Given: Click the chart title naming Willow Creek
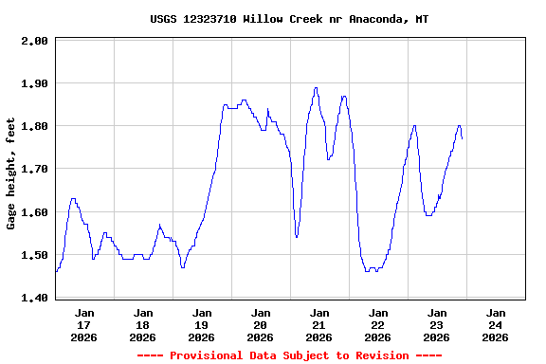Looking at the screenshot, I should pyautogui.click(x=289, y=19).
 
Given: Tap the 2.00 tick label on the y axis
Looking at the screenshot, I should pyautogui.click(x=36, y=41).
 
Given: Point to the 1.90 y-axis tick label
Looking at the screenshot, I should pyautogui.click(x=36, y=83).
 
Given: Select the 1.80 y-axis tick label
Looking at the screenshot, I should pyautogui.click(x=36, y=126).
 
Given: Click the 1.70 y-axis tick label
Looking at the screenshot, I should pyautogui.click(x=36, y=169).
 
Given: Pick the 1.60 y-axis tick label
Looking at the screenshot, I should pyautogui.click(x=36, y=212).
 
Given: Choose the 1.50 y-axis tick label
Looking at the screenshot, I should pyautogui.click(x=36, y=255).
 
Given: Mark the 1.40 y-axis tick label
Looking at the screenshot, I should pyautogui.click(x=36, y=298).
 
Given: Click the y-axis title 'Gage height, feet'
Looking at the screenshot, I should pyautogui.click(x=11, y=173).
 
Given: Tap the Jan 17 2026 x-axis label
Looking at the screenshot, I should pyautogui.click(x=84, y=324).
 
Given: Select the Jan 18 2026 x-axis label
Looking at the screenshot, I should pyautogui.click(x=143, y=324).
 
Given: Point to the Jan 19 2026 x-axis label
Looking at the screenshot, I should pyautogui.click(x=202, y=324).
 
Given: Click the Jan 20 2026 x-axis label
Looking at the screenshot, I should pyautogui.click(x=261, y=324).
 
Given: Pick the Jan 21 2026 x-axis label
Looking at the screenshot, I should pyautogui.click(x=319, y=324).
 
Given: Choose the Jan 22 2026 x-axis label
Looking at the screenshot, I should pyautogui.click(x=378, y=324).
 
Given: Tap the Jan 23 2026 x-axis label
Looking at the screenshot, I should pyautogui.click(x=437, y=324).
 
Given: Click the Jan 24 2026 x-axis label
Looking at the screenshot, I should pyautogui.click(x=496, y=324).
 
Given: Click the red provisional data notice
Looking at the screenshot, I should pyautogui.click(x=289, y=355).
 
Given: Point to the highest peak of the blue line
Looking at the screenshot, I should pyautogui.click(x=316, y=88).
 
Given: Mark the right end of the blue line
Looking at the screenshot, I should pyautogui.click(x=462, y=138).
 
